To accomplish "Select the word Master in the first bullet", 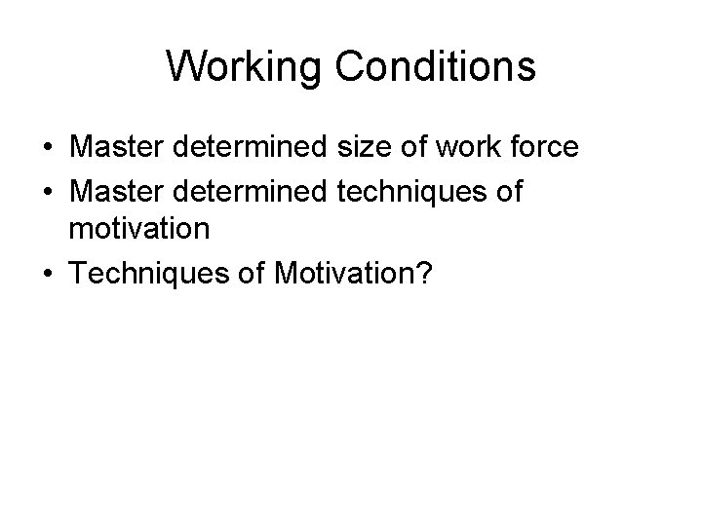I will [x=118, y=149].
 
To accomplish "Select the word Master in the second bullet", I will [x=118, y=192].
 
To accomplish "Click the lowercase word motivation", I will [x=138, y=230].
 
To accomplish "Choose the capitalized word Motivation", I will [x=344, y=274].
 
